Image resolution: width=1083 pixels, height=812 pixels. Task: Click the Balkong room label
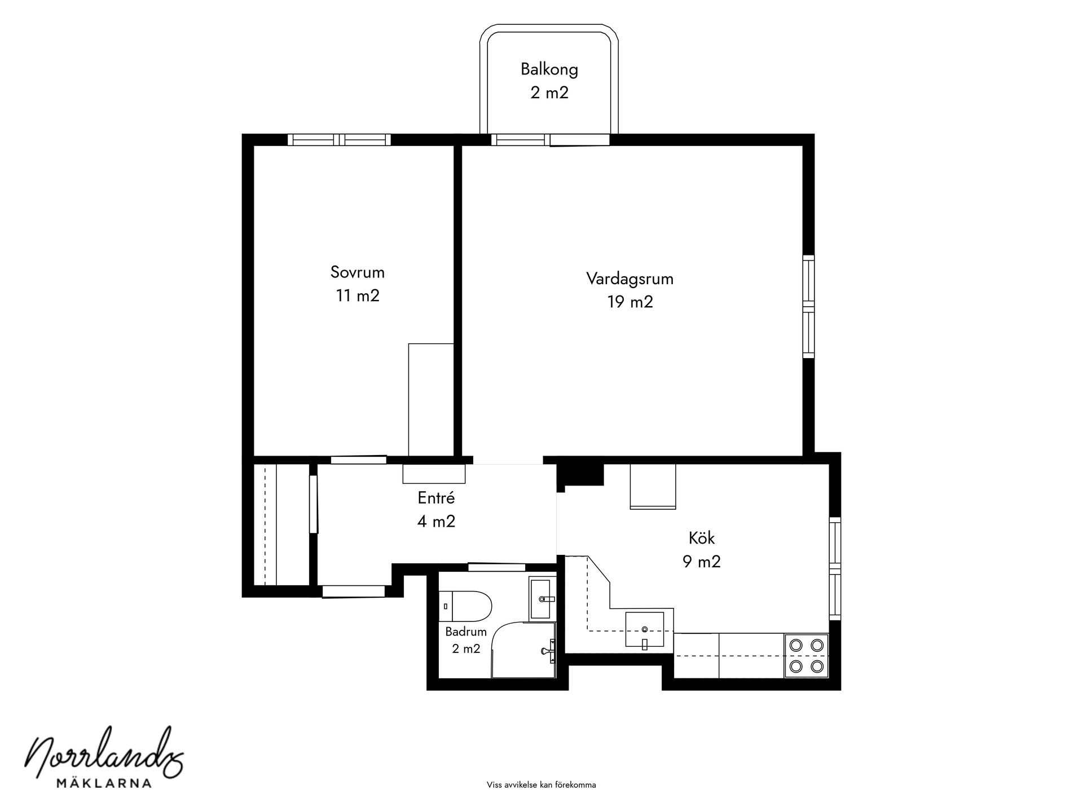click(549, 69)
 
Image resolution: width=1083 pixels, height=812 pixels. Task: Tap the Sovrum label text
click(358, 272)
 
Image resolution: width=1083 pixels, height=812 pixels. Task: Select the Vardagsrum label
click(630, 279)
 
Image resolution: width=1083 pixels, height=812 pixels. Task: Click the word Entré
click(436, 498)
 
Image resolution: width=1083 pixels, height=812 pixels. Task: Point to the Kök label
click(702, 538)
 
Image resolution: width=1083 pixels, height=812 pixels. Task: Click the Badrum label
click(466, 632)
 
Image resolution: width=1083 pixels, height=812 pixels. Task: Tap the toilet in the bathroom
click(465, 606)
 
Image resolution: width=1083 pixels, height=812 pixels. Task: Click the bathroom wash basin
click(542, 598)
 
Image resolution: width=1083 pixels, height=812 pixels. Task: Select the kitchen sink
click(644, 628)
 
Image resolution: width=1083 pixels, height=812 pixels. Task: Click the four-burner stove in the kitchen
click(806, 655)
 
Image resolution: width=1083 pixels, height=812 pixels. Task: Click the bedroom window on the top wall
click(339, 139)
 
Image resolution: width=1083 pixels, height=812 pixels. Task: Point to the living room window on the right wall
click(809, 306)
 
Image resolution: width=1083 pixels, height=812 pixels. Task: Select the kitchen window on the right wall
click(835, 568)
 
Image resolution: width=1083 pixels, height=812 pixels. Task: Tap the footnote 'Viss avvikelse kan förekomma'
click(541, 784)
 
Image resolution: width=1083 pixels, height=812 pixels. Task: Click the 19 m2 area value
click(630, 302)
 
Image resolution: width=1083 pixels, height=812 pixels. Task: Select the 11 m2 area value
click(358, 295)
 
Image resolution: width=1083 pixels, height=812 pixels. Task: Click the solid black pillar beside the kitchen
click(580, 475)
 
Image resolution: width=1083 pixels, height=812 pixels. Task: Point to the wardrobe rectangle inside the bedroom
click(431, 399)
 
